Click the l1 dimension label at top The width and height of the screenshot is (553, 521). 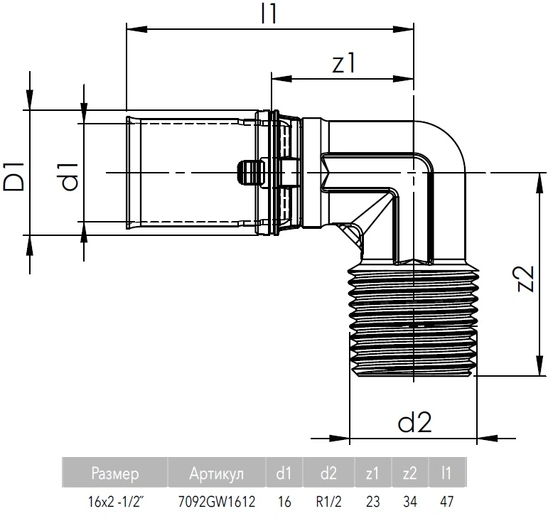[267, 14]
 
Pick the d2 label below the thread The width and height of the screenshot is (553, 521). [415, 423]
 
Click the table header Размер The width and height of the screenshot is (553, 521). [115, 473]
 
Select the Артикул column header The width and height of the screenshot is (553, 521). [217, 473]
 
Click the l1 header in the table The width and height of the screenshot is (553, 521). [446, 473]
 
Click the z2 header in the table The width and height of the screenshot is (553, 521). [409, 473]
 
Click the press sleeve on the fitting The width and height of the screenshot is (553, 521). [192, 172]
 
